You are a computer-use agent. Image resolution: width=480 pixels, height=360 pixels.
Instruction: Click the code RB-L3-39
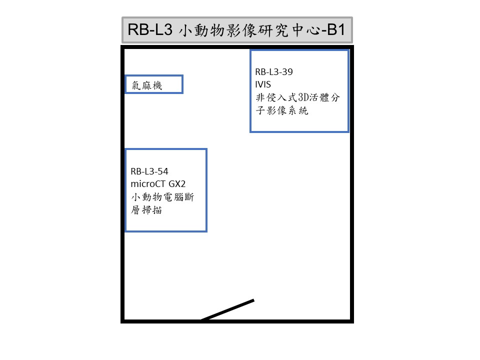(274, 72)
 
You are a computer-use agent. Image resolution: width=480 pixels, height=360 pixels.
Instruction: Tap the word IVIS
(263, 84)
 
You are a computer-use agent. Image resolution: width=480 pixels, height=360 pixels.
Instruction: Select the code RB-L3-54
(149, 171)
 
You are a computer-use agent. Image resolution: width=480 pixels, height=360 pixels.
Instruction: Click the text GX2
(177, 184)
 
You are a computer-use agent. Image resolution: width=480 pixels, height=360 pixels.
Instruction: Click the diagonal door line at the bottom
(227, 310)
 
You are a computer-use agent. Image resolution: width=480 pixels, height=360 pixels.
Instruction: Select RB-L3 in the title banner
(150, 29)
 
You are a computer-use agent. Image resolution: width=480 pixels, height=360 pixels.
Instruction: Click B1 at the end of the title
(336, 29)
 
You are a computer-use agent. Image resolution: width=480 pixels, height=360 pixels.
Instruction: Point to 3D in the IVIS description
(303, 97)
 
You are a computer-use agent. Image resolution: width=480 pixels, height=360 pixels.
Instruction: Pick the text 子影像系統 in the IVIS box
(282, 110)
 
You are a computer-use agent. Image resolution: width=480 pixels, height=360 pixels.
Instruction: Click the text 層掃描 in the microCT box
(146, 210)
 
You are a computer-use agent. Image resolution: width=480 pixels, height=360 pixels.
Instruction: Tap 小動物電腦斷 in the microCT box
(162, 197)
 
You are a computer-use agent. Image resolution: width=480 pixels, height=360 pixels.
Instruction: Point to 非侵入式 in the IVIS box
(276, 97)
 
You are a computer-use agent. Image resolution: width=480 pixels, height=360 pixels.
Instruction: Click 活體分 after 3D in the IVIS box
(325, 97)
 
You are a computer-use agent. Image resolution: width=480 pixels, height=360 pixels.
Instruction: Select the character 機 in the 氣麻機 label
(157, 85)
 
